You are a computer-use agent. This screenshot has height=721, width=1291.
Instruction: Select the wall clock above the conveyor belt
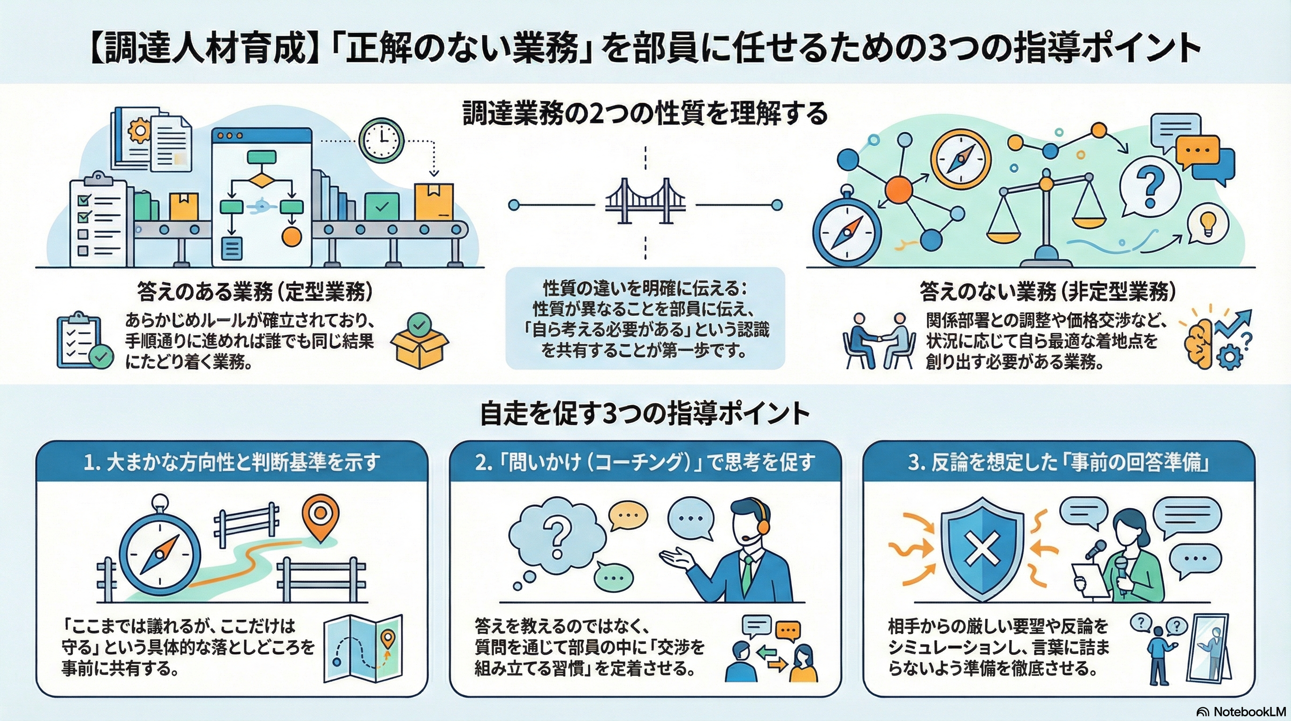click(x=382, y=140)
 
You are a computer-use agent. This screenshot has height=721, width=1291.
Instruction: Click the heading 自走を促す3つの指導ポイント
click(x=645, y=414)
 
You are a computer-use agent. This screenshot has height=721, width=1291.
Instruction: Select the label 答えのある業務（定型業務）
click(x=255, y=291)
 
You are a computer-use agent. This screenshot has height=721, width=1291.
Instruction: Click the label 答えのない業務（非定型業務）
click(x=1048, y=291)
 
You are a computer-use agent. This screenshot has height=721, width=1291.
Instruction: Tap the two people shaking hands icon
click(x=878, y=341)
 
